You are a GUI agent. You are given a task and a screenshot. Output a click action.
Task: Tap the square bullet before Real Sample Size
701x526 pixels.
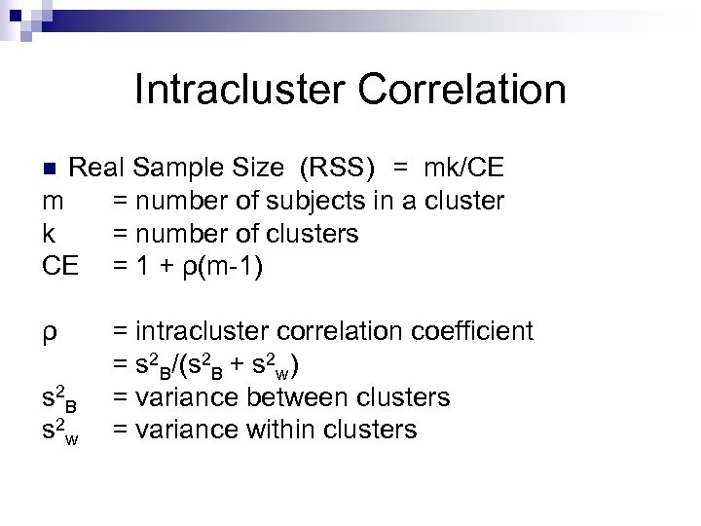coord(55,168)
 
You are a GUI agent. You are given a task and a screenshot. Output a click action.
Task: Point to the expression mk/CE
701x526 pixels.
coord(463,168)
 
